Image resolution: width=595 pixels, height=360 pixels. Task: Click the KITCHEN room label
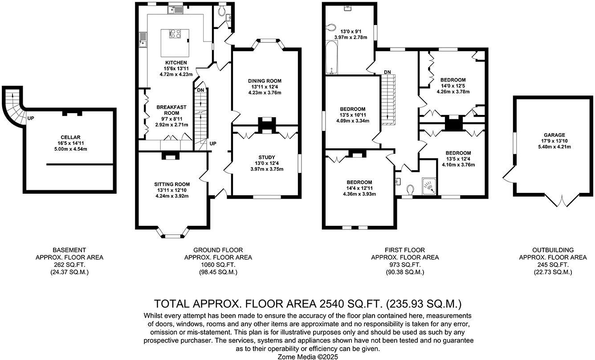click(x=176, y=62)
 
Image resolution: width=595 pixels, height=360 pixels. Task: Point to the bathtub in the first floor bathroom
click(x=330, y=57)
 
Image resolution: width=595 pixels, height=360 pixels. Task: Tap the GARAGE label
click(x=554, y=135)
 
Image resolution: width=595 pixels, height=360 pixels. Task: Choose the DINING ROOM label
click(x=265, y=81)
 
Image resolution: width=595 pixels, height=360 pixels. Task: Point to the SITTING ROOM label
click(x=172, y=184)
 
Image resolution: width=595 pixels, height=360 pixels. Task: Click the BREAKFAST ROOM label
click(x=171, y=110)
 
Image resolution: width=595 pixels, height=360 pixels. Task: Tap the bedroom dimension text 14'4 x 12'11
click(x=359, y=188)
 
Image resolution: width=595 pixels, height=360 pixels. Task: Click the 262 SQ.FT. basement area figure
click(x=69, y=265)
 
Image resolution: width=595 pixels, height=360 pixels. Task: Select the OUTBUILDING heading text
click(x=553, y=250)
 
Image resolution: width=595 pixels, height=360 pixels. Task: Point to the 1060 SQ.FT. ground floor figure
click(x=218, y=265)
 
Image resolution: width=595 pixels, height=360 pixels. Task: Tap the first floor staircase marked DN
click(x=388, y=98)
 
